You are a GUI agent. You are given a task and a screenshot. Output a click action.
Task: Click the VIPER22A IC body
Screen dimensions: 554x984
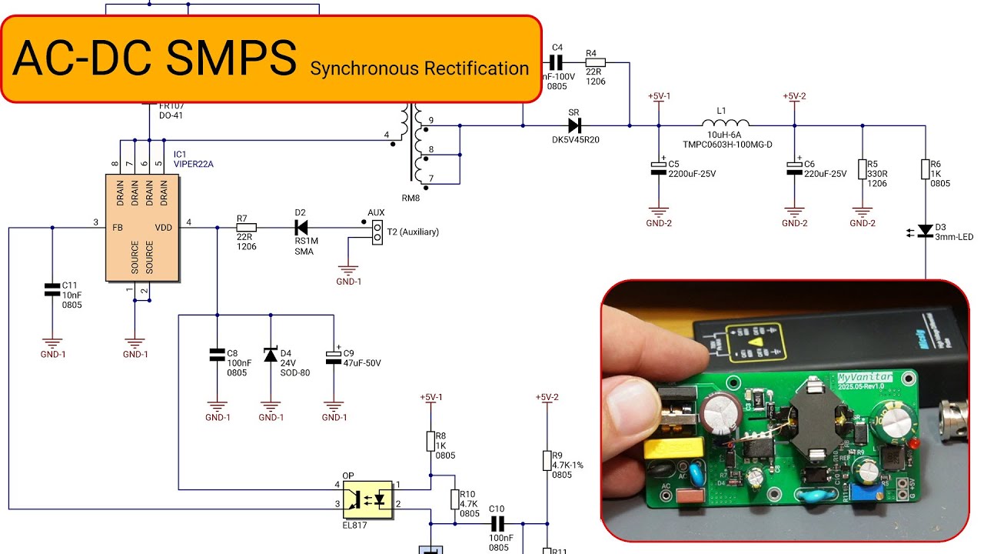(141, 227)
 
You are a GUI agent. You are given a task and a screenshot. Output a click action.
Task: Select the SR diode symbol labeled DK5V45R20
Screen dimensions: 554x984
(573, 125)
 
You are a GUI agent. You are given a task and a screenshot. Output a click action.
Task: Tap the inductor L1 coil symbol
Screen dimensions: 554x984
(726, 123)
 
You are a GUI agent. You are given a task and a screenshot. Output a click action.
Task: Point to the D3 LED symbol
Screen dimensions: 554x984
(926, 230)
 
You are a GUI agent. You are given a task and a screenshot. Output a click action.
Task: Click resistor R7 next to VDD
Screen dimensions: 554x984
(246, 227)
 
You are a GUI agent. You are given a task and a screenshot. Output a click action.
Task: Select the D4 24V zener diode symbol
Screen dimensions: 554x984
(270, 354)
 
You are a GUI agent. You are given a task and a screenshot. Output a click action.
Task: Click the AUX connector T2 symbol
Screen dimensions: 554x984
(377, 232)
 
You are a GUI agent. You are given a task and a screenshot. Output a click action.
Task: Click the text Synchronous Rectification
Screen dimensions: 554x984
(419, 68)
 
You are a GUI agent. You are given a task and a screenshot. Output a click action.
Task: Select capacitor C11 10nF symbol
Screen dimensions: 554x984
(52, 290)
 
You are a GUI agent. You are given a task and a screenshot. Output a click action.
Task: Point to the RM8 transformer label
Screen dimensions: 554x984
(411, 197)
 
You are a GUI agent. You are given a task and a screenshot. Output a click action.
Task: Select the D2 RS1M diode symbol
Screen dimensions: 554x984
(301, 227)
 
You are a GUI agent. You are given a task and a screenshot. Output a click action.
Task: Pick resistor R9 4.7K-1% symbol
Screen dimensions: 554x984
(547, 460)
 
